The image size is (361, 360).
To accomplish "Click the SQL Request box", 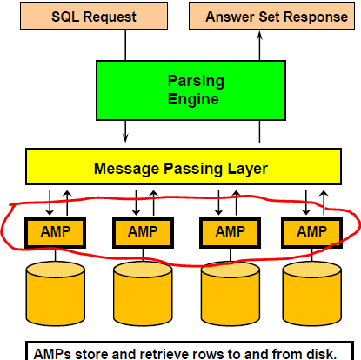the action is point(94,16).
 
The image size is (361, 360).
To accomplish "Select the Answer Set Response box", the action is point(271,16).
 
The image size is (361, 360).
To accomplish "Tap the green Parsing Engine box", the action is point(191,90).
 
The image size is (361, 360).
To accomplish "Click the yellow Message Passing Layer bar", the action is point(184,167).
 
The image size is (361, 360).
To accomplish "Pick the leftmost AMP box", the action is point(55,233).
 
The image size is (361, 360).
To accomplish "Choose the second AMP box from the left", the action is point(143,233).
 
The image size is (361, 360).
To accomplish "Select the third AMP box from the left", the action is point(230,233).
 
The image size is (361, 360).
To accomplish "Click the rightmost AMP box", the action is point(311,233).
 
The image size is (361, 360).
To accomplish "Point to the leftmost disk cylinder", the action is point(56,293).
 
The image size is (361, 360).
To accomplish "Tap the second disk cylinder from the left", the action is point(143,293).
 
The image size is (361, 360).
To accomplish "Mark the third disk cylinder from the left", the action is point(231,293).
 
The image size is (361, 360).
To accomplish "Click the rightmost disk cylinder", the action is point(312,293).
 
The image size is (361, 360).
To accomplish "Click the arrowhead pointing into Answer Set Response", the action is point(259,36).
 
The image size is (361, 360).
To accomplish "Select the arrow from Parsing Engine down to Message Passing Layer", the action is point(125,131).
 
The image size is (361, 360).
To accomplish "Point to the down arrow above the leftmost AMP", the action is point(50,203).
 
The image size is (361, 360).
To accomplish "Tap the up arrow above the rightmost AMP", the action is point(324,203).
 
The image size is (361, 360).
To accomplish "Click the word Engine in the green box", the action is point(193,100).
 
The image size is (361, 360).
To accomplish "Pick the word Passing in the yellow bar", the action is point(193,169).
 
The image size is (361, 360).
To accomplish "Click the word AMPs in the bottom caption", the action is point(52,354).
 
